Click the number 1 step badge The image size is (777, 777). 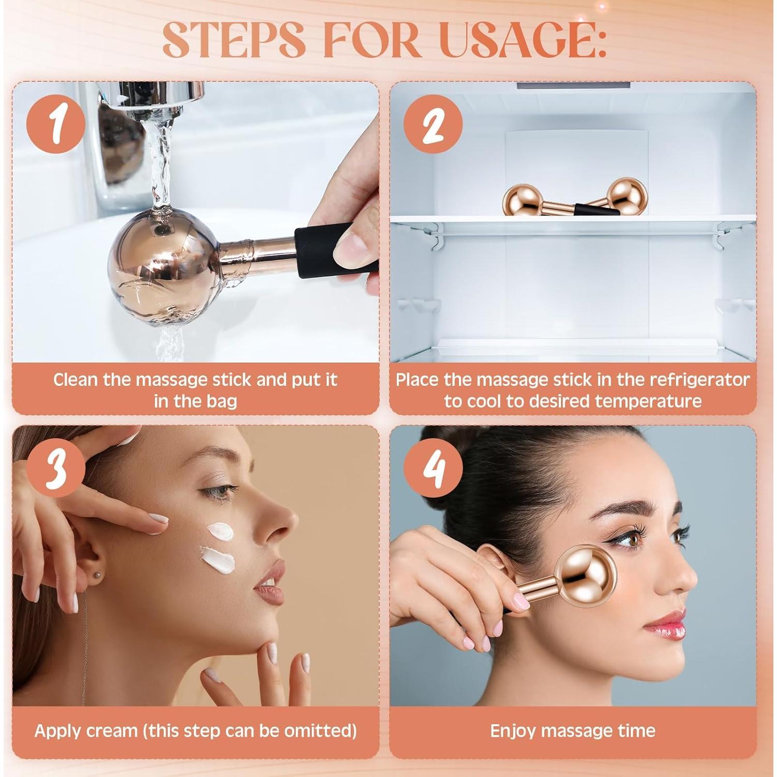pos(56,124)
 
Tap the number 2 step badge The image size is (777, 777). pos(433,124)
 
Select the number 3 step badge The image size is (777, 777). pos(56,468)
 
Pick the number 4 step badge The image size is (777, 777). pos(433,468)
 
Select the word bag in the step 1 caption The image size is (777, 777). pos(222,401)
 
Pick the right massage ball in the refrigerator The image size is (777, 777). pos(627,196)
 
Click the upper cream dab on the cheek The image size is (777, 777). pos(220,531)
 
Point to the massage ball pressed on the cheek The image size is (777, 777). pos(585,575)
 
